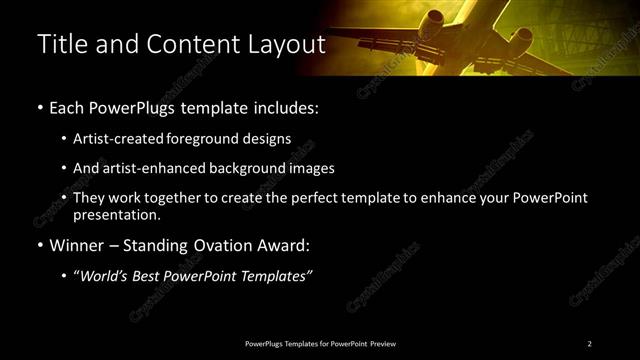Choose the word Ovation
pyautogui.click(x=218, y=245)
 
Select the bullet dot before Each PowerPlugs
pyautogui.click(x=39, y=107)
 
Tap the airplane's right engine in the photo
pyautogui.click(x=522, y=40)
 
